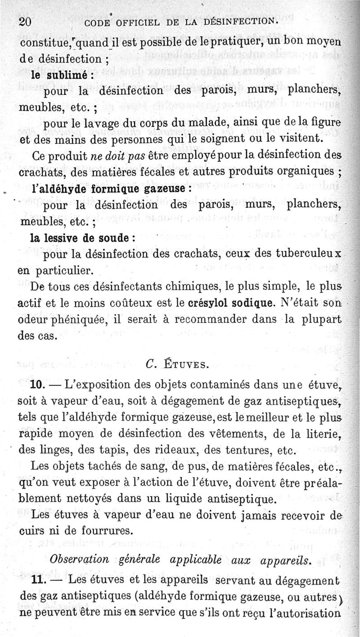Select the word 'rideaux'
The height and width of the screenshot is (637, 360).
pos(189,450)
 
